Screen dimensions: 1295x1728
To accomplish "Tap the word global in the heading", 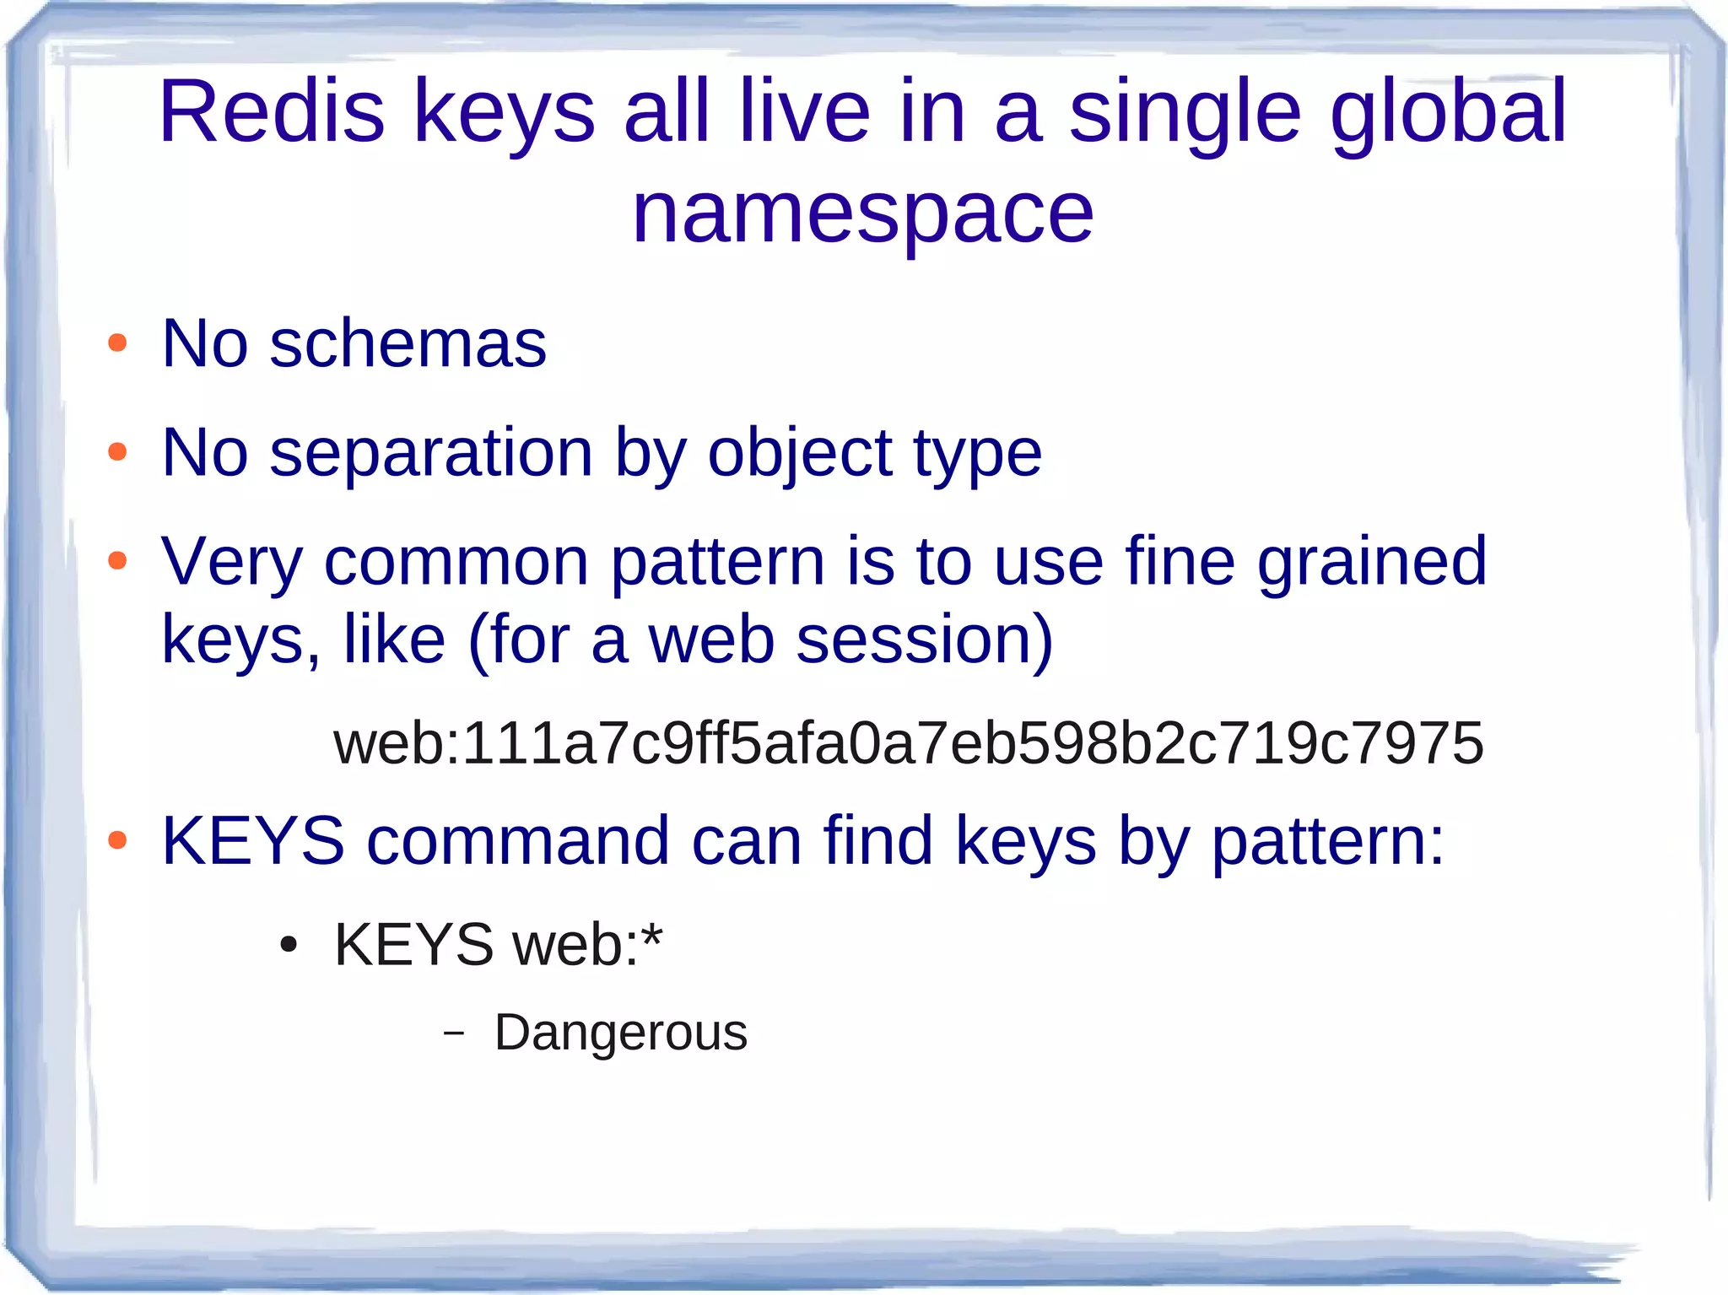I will pyautogui.click(x=1448, y=113).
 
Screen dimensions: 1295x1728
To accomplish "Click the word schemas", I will pyautogui.click(x=408, y=344).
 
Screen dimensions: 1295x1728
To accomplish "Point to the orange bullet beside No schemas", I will pyautogui.click(x=117, y=343).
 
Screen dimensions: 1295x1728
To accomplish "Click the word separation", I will pyautogui.click(x=431, y=453).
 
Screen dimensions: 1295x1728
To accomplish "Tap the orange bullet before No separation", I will pyautogui.click(x=117, y=452).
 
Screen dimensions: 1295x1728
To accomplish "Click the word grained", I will pyautogui.click(x=1372, y=563).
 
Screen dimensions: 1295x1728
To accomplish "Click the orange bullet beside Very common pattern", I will pyautogui.click(x=117, y=560).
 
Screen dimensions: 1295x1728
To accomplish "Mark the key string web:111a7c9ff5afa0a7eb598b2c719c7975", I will pyautogui.click(x=908, y=743).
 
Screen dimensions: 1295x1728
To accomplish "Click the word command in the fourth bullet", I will pyautogui.click(x=518, y=841).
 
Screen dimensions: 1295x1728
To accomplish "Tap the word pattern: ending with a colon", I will pyautogui.click(x=1328, y=843).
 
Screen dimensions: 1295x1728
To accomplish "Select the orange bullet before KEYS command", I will pyautogui.click(x=117, y=839).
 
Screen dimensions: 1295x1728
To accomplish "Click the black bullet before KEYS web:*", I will pyautogui.click(x=289, y=946).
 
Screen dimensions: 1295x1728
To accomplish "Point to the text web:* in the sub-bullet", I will pyautogui.click(x=588, y=944).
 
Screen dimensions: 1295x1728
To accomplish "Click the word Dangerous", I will pyautogui.click(x=620, y=1033).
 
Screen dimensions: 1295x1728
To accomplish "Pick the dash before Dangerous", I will pyautogui.click(x=454, y=1033).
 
